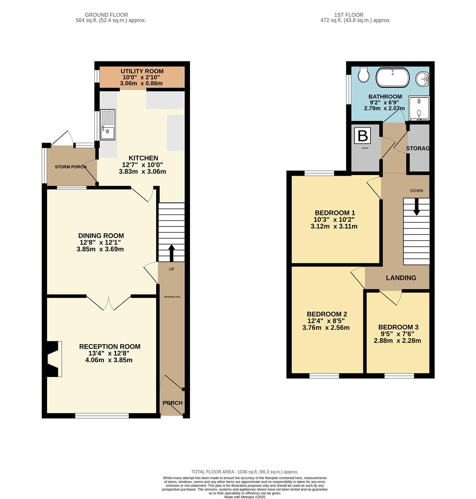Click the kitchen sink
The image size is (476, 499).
(x=107, y=124)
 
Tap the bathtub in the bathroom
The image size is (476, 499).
(x=392, y=78)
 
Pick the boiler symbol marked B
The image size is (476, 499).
(x=363, y=136)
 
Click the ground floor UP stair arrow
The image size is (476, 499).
(x=171, y=252)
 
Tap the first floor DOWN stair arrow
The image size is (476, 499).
(x=416, y=207)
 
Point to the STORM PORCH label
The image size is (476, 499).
(x=71, y=167)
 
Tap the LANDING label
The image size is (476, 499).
(x=401, y=278)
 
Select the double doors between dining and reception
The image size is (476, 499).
(x=109, y=303)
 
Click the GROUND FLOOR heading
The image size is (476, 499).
(x=107, y=15)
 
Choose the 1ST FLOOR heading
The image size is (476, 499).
(x=355, y=15)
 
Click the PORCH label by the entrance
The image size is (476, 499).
(x=172, y=403)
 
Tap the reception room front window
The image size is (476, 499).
(x=102, y=416)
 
